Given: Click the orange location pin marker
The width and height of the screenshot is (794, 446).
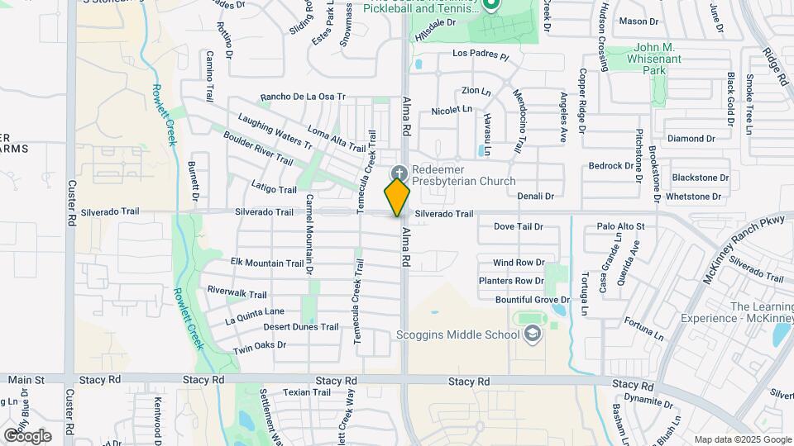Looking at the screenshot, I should click(x=398, y=197).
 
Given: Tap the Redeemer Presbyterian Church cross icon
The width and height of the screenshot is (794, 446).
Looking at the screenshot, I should click(x=399, y=173).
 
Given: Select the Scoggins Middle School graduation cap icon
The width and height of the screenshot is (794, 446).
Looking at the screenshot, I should click(x=533, y=334).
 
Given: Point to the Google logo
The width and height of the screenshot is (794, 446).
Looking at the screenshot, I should click(x=27, y=435).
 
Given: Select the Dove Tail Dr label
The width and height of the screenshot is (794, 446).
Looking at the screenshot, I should click(x=518, y=226).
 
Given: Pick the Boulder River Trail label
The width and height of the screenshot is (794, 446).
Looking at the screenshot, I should click(x=258, y=147).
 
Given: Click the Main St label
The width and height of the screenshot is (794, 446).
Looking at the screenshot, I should click(x=26, y=380).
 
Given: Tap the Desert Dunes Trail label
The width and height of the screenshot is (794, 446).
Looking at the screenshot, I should click(x=301, y=327).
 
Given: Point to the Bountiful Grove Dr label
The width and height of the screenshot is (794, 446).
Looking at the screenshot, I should click(x=533, y=300).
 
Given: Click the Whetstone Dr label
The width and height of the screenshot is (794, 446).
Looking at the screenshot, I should click(x=693, y=197).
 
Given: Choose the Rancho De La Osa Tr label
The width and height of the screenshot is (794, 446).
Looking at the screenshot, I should click(x=302, y=97).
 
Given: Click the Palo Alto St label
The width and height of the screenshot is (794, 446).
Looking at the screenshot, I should click(x=620, y=226).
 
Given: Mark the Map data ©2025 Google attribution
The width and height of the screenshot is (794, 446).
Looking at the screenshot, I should click(x=742, y=439).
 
